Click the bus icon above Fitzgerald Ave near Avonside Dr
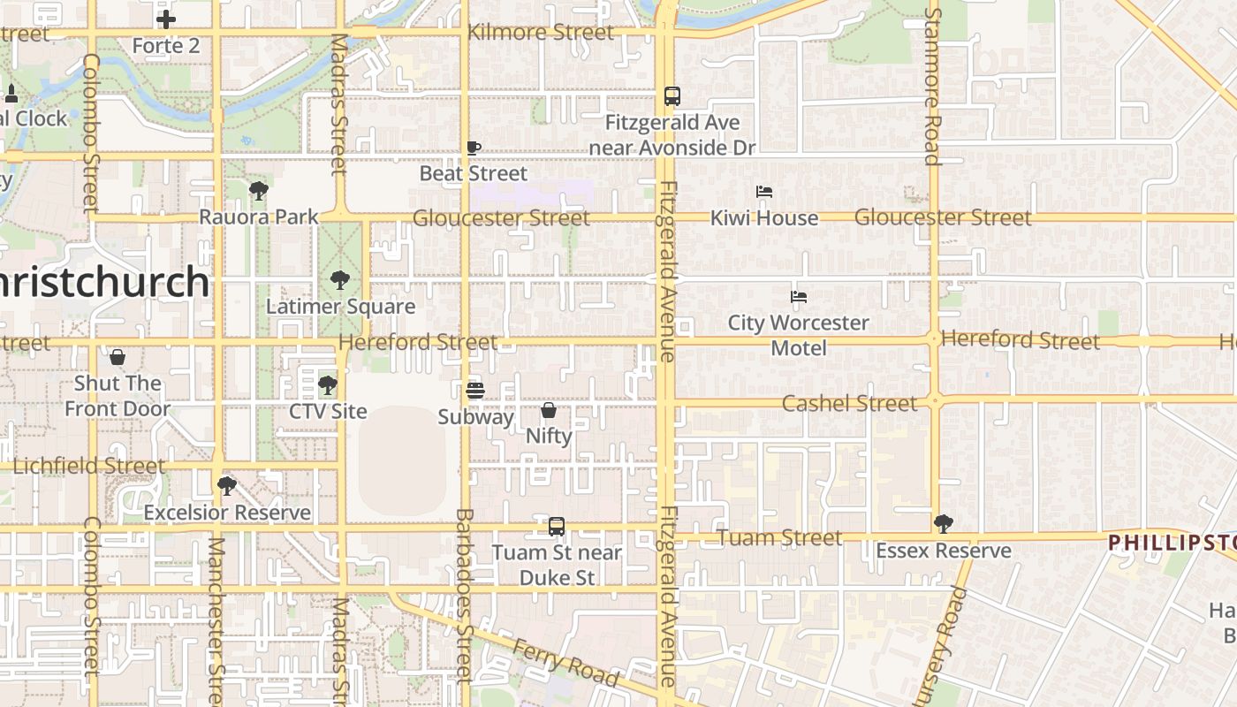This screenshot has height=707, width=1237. [672, 96]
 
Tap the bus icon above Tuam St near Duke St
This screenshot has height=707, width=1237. [557, 527]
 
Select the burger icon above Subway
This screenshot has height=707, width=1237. [475, 390]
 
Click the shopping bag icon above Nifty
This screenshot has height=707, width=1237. [549, 410]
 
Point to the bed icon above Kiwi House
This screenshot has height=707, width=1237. [764, 192]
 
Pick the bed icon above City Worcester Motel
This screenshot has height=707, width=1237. [799, 297]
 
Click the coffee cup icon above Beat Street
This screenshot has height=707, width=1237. [474, 148]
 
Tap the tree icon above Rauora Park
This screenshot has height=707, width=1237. [258, 190]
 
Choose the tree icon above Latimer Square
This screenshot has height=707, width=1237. [340, 280]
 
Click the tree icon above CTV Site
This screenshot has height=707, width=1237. [328, 384]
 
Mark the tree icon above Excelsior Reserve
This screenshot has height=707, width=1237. [227, 485]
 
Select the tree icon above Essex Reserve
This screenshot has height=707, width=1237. [944, 524]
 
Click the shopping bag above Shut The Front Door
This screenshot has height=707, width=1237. [117, 357]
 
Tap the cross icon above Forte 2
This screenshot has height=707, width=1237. [166, 19]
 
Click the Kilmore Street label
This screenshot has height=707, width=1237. [540, 33]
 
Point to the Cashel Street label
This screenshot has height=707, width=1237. [850, 404]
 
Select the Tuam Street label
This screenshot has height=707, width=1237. [779, 537]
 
